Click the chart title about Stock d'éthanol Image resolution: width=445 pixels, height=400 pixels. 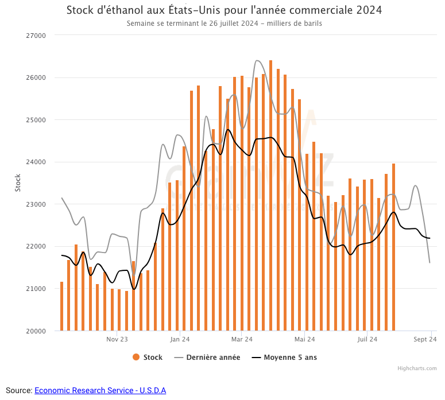pos(224,10)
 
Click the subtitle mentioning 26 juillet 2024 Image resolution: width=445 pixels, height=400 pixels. pos(224,24)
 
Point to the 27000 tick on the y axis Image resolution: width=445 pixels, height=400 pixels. pos(37,36)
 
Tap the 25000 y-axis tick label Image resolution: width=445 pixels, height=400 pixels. pos(37,120)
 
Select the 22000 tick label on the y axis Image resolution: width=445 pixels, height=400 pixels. pos(37,246)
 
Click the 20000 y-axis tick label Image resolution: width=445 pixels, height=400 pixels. pos(37,331)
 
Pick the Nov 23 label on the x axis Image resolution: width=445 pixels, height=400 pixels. pos(117,340)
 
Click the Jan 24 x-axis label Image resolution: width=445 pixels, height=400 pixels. pos(180,340)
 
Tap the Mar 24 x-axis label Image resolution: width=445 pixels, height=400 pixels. pos(242,340)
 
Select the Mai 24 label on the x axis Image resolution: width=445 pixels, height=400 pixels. pos(305,340)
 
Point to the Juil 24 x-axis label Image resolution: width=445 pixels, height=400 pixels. pos(367,340)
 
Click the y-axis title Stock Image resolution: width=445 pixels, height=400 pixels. pos(17,182)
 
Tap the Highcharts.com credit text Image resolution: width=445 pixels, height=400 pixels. pos(417,368)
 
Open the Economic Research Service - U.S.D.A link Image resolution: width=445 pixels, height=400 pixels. pos(100,390)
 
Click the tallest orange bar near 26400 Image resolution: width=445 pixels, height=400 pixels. pos(270,195)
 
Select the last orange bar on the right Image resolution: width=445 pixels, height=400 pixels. pos(393,247)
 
